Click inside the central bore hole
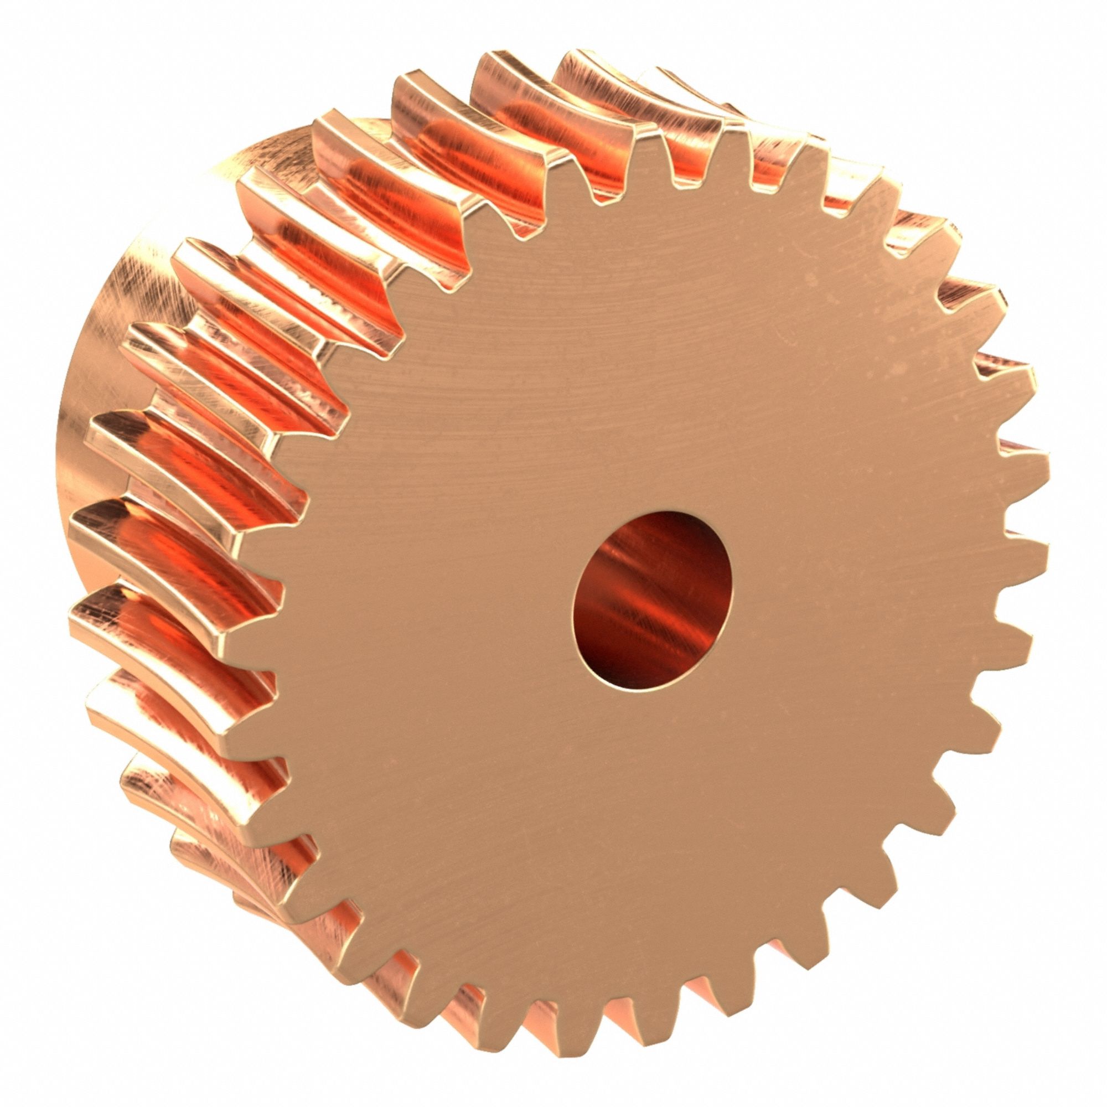click(x=652, y=599)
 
